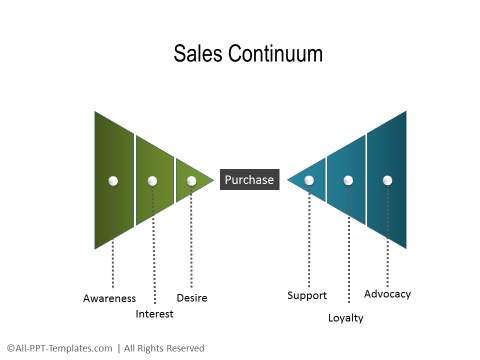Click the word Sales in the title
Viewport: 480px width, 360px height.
(x=198, y=53)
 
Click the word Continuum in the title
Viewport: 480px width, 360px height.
(x=275, y=53)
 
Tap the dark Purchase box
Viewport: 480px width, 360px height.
(x=250, y=180)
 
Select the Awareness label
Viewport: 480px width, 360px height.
(x=109, y=298)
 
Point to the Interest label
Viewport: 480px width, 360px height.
(x=154, y=314)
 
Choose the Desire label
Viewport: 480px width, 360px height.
(x=192, y=298)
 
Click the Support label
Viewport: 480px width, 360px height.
(x=307, y=296)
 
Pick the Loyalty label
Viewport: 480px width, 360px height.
(x=346, y=318)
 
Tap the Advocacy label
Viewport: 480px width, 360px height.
(x=387, y=294)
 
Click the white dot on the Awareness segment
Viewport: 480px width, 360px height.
(x=113, y=181)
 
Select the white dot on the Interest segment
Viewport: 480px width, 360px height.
(x=152, y=181)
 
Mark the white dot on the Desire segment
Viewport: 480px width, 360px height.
(x=191, y=181)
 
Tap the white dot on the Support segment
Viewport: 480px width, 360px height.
(x=309, y=180)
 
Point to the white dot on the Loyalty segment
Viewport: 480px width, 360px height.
(x=348, y=180)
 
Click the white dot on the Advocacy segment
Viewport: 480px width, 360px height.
(x=387, y=180)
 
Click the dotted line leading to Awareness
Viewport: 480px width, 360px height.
(x=113, y=237)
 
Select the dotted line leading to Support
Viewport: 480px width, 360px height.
(x=309, y=236)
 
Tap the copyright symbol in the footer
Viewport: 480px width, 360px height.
(x=11, y=348)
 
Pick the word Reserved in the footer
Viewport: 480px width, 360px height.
(x=185, y=348)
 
